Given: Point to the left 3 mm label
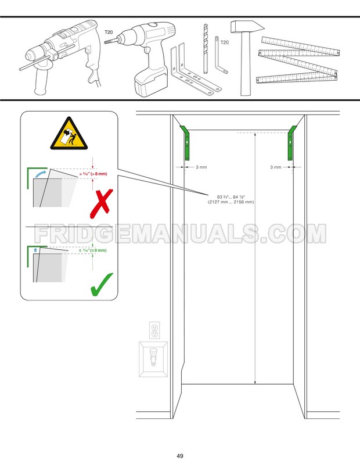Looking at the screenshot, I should pyautogui.click(x=201, y=167).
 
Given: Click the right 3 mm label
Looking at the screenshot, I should pyautogui.click(x=276, y=167).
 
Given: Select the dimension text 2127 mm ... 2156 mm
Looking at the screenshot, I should pyautogui.click(x=231, y=202).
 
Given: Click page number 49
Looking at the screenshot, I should pyautogui.click(x=181, y=455).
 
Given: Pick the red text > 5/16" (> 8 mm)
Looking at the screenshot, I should pyautogui.click(x=93, y=173).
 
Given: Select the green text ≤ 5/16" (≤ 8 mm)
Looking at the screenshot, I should pyautogui.click(x=93, y=250).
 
